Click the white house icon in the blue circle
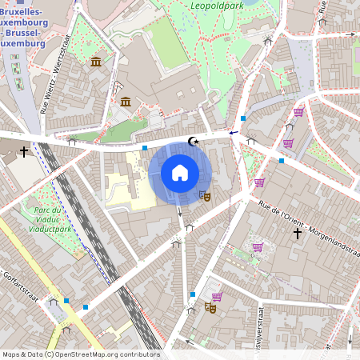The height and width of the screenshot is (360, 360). [x=180, y=172]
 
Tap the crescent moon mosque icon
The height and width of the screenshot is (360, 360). [x=191, y=142]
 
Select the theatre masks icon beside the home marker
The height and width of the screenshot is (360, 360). [x=205, y=194]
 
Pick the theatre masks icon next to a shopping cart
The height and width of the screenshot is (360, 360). [x=210, y=306]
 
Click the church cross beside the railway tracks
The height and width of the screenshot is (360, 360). [x=24, y=150]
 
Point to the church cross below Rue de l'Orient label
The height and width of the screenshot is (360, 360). [x=297, y=234]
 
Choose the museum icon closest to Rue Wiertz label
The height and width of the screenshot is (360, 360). [x=96, y=62]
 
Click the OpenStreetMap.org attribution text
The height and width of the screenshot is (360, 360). [x=81, y=354]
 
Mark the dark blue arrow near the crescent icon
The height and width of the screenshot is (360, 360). [x=234, y=132]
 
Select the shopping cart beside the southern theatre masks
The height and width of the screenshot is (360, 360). [x=217, y=297]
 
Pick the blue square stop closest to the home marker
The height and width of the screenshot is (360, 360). [x=144, y=148]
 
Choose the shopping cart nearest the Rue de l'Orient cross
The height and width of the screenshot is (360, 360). [x=257, y=246]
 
